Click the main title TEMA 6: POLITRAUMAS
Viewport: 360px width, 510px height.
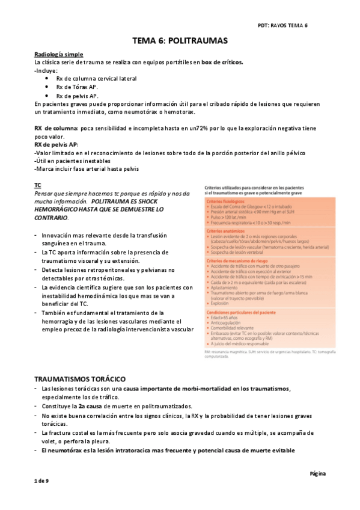click(180, 42)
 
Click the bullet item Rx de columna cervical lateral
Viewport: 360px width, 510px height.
click(96, 79)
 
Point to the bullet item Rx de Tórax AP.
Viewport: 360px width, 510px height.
click(78, 87)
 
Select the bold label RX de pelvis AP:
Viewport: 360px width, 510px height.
click(56, 146)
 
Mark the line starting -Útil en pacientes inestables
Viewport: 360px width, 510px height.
click(73, 162)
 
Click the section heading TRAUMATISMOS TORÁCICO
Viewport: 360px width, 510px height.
click(80, 379)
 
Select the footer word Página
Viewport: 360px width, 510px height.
click(317, 473)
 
